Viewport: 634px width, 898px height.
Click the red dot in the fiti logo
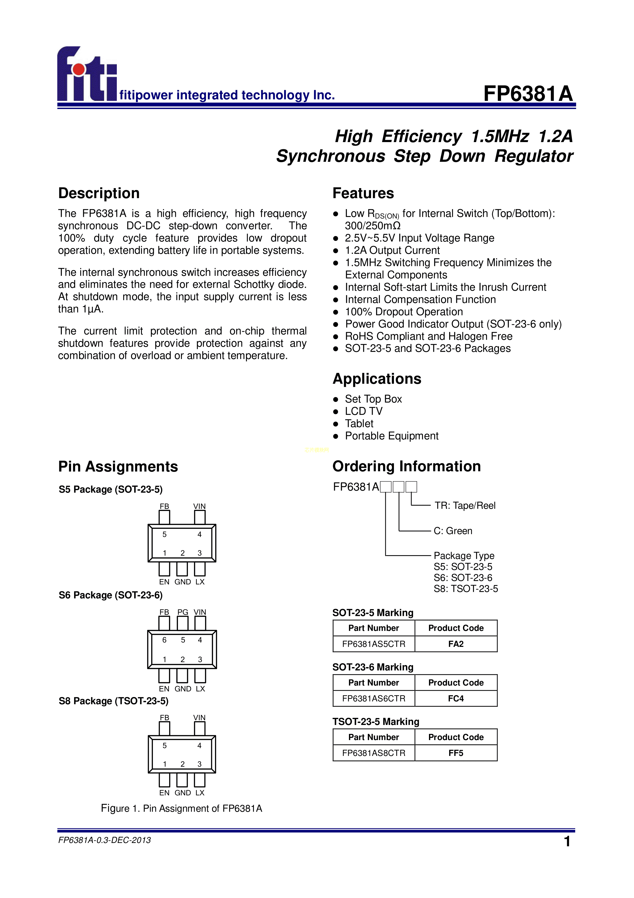[x=79, y=69]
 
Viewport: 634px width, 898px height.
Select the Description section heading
[x=99, y=193]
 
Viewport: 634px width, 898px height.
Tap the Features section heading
[x=363, y=193]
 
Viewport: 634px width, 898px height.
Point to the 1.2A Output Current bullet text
[x=392, y=250]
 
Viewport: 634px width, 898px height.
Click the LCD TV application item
[x=364, y=411]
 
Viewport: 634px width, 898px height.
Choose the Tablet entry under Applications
[x=359, y=424]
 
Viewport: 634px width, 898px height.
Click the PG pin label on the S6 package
[x=183, y=612]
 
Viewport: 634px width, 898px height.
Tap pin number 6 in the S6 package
[x=164, y=640]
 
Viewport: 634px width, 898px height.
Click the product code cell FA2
[x=456, y=644]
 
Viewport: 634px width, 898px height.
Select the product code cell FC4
[x=456, y=699]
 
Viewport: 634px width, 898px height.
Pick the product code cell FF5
[x=456, y=753]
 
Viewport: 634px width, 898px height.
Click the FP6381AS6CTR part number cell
[x=373, y=699]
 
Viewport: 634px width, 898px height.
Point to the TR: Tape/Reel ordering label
[x=465, y=506]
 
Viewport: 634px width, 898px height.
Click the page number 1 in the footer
[x=567, y=841]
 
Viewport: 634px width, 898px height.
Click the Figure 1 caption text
[x=181, y=808]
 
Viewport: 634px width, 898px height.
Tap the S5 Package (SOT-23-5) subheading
[x=110, y=489]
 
